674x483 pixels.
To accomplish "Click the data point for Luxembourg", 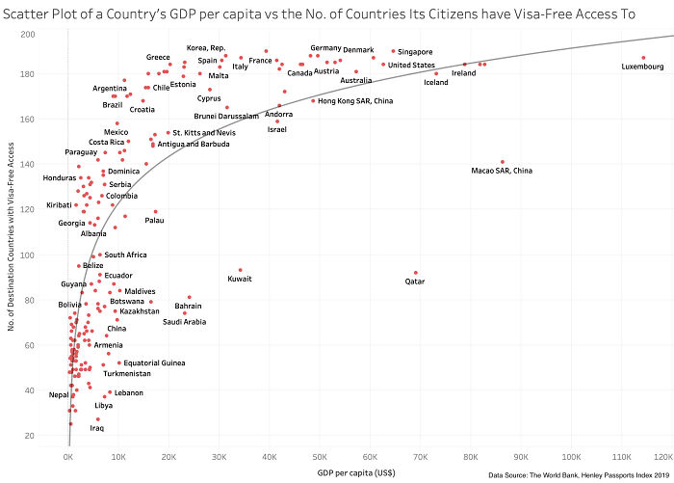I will click(643, 58).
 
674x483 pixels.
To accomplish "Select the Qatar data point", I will click(416, 273).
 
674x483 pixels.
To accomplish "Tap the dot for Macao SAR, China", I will click(503, 162).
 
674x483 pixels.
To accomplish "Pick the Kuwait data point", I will click(240, 270).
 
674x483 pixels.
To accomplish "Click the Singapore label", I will click(415, 52).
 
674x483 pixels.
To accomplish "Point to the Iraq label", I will click(97, 428).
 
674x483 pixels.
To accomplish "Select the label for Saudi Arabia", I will click(184, 322).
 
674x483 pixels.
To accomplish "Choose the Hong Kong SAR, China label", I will click(355, 101).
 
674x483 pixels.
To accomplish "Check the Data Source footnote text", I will click(579, 475).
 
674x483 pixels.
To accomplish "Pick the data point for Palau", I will click(155, 212).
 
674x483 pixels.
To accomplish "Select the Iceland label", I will click(436, 83).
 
